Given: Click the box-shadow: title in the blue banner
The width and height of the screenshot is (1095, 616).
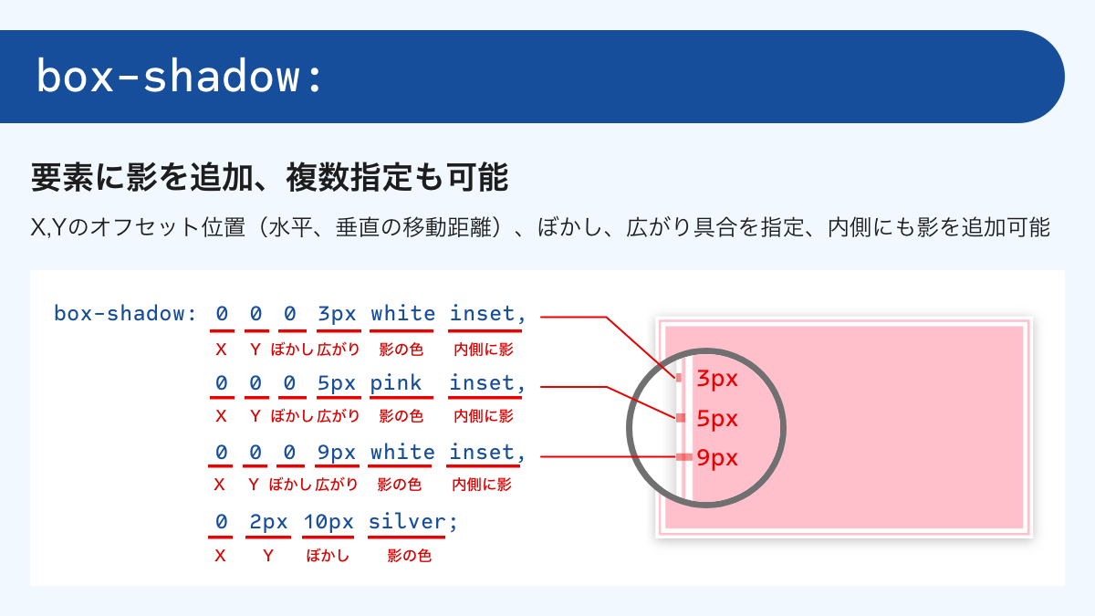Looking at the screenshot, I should tap(180, 78).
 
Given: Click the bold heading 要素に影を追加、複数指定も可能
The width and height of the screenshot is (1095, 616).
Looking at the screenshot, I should tap(269, 177).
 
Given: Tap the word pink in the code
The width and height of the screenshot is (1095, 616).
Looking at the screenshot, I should tap(395, 383).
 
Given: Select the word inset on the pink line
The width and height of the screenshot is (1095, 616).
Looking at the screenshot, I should tap(483, 383).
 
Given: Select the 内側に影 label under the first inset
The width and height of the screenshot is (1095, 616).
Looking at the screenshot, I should tap(483, 349).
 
